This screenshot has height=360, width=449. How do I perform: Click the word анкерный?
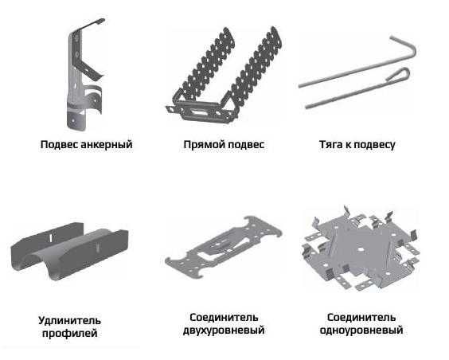[106, 145]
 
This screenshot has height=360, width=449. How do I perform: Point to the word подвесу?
[373, 145]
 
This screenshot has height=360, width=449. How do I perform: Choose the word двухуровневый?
[227, 330]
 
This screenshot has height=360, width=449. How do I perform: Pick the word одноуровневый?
[360, 330]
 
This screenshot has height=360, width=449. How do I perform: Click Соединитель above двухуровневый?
[227, 316]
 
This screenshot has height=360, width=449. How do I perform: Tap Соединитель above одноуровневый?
[360, 316]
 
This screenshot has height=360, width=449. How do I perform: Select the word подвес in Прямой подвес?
[245, 145]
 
